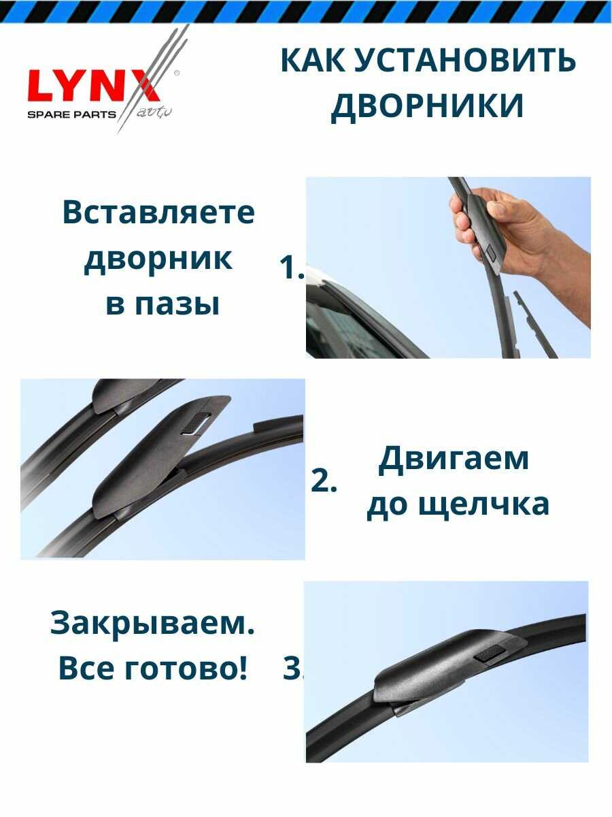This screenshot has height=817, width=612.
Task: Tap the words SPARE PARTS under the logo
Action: pyautogui.click(x=71, y=114)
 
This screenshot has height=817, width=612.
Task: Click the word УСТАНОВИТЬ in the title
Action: pyautogui.click(x=464, y=61)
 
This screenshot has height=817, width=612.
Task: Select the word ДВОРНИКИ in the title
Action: pyautogui.click(x=427, y=106)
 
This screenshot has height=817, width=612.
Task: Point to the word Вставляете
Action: pyautogui.click(x=158, y=212)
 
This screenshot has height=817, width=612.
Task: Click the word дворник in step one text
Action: pyautogui.click(x=158, y=260)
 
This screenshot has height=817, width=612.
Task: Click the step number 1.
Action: pyautogui.click(x=292, y=268)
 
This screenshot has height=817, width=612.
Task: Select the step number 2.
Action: pyautogui.click(x=323, y=481)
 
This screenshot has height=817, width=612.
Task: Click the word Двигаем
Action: pyautogui.click(x=453, y=460)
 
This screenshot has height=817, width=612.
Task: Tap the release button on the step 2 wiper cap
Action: pyautogui.click(x=196, y=423)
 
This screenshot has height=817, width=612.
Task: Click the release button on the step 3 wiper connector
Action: pyautogui.click(x=490, y=653)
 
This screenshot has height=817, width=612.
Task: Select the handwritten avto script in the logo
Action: pyautogui.click(x=154, y=112)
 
